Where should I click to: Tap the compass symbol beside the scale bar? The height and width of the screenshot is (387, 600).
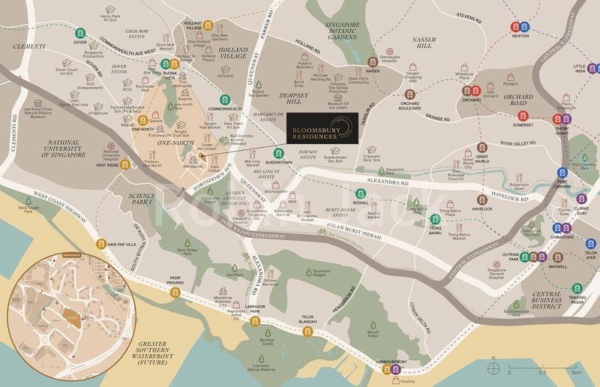pos(493,367)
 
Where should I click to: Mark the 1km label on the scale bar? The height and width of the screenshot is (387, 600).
pos(575,372)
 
